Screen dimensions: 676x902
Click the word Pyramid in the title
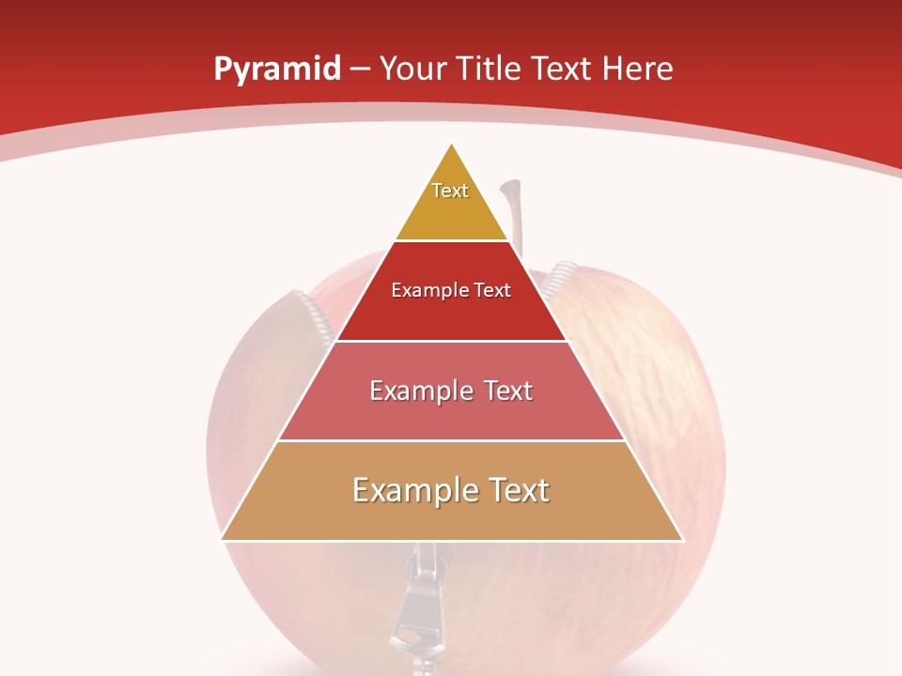(x=276, y=69)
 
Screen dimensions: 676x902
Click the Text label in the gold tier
(x=450, y=191)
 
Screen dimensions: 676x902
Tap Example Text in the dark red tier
(x=451, y=290)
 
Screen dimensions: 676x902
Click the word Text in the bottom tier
(x=516, y=490)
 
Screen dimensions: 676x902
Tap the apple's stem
(x=510, y=207)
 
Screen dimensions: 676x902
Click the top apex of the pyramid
(x=452, y=144)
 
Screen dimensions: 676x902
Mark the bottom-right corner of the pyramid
(x=682, y=540)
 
